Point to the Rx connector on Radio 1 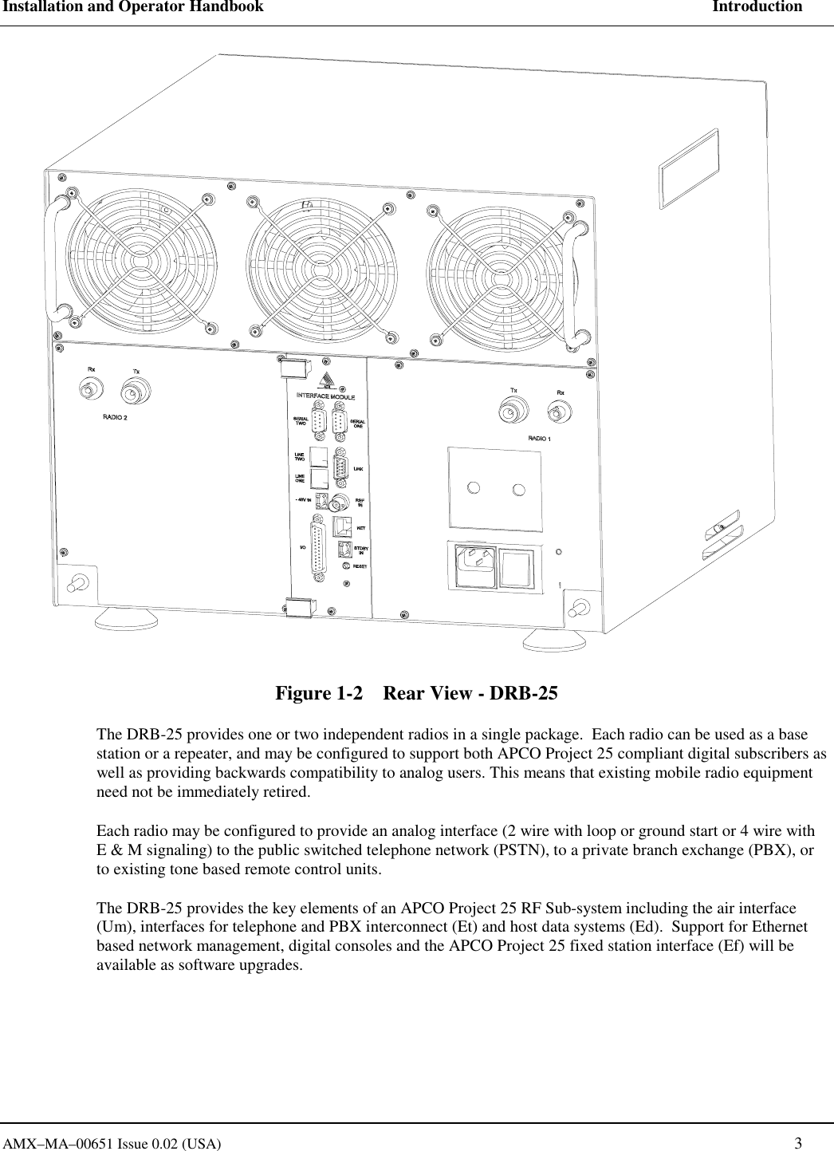tap(559, 412)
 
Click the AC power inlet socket tap(476, 567)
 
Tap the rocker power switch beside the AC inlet tap(521, 569)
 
